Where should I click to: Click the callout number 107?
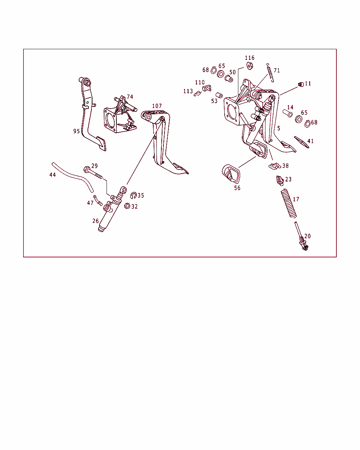tap(157, 106)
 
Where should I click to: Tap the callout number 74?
tap(130, 97)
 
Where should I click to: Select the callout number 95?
tap(77, 131)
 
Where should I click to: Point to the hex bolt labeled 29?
tap(93, 173)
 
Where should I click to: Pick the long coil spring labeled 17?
tap(289, 203)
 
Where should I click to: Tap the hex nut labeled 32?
tap(127, 206)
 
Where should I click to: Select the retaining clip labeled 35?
tap(133, 195)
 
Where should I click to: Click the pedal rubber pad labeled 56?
tap(231, 174)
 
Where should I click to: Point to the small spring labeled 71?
tap(270, 72)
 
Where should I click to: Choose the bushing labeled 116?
tap(250, 66)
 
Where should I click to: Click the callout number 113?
tap(188, 91)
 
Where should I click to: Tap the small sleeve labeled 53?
tap(219, 95)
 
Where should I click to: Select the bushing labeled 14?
tap(288, 113)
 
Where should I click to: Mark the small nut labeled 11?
tap(301, 84)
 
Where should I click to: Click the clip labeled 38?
tap(275, 166)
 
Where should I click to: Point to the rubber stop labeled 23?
tap(280, 180)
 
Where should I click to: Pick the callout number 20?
tap(307, 236)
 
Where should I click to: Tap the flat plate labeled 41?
tap(302, 142)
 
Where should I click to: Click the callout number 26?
tap(96, 221)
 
